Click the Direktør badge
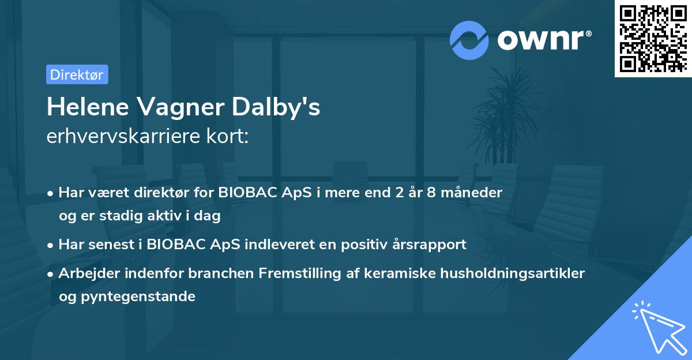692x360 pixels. click(x=77, y=74)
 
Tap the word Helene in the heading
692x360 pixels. click(x=88, y=107)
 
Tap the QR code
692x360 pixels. click(x=653, y=39)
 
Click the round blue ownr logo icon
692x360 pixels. click(x=469, y=40)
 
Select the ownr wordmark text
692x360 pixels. click(x=544, y=40)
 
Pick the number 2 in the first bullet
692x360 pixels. click(x=400, y=193)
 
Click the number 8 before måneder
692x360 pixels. click(x=431, y=193)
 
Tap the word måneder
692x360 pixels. click(x=472, y=193)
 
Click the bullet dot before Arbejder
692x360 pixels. click(x=50, y=275)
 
